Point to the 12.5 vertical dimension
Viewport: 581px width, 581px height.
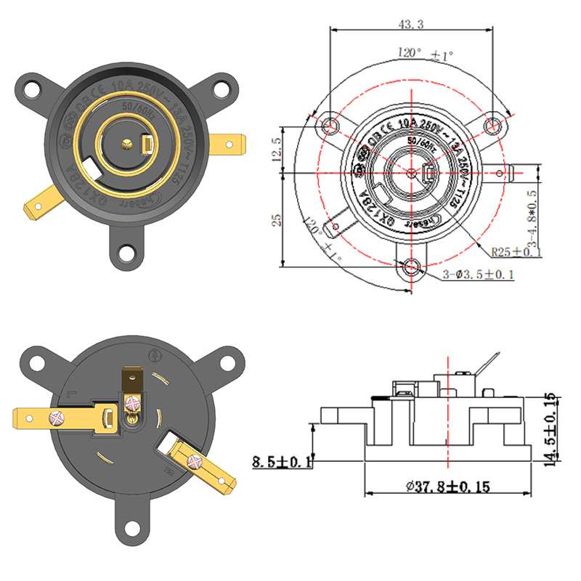(277, 151)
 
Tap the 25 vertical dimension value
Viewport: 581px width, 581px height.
(277, 220)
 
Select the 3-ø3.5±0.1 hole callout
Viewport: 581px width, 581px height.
(479, 274)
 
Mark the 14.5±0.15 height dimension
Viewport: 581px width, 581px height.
(552, 428)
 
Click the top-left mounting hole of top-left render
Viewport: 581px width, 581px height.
(31, 89)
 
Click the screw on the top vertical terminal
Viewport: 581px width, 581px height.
(132, 402)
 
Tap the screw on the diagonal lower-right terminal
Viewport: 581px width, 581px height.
(193, 461)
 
